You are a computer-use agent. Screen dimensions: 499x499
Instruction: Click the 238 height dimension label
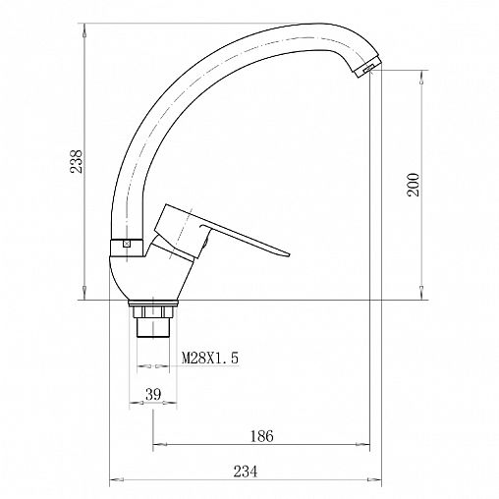point(77,161)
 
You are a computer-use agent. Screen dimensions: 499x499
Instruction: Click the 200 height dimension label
point(414,185)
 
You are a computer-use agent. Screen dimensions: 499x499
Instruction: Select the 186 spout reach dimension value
point(261,436)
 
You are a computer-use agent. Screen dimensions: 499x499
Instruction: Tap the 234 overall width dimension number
point(246,471)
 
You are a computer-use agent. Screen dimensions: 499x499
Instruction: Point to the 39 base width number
point(153,394)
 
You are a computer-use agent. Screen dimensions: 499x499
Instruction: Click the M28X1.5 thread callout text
point(210,358)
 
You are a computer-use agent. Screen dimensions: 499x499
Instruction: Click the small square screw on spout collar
point(127,244)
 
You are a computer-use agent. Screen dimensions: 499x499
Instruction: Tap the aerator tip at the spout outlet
point(368,68)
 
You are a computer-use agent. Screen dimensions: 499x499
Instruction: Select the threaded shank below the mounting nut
point(153,327)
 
